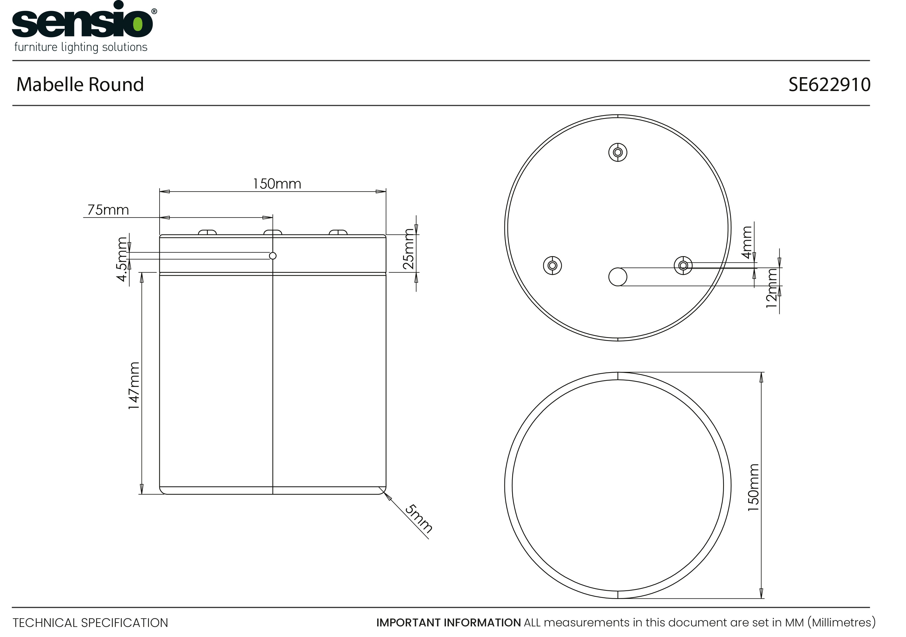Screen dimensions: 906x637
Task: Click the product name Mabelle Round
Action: tap(80, 84)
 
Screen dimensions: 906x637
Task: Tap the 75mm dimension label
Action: tap(108, 209)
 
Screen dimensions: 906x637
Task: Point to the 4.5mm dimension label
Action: tap(122, 259)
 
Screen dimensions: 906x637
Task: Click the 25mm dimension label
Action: tap(408, 249)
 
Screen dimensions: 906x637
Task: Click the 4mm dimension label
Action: tap(747, 242)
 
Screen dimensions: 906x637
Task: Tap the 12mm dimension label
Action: tap(771, 288)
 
